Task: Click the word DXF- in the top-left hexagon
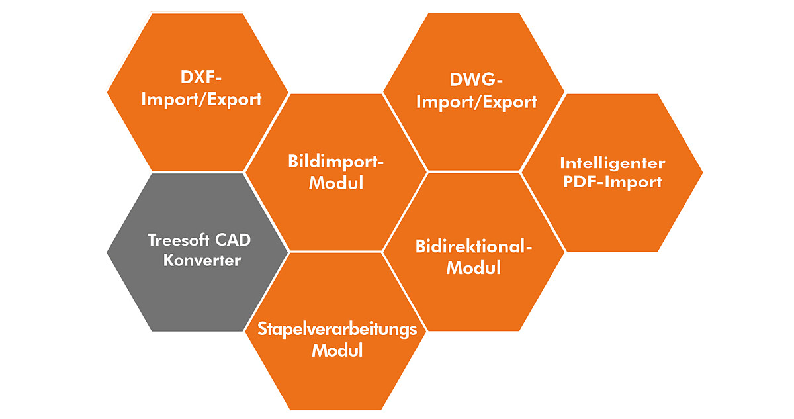point(200,77)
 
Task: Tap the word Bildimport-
point(336,162)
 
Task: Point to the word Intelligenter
point(612,163)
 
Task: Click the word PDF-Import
point(612,182)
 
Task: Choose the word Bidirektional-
point(474,246)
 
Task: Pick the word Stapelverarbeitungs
point(337,329)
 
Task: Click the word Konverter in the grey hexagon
point(202,260)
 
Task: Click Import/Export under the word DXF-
point(202,100)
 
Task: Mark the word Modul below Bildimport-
point(336,183)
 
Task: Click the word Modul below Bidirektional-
point(474,268)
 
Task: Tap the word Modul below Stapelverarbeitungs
point(337,350)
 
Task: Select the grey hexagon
point(197,291)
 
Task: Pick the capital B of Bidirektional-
point(421,246)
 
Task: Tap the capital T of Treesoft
point(152,240)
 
